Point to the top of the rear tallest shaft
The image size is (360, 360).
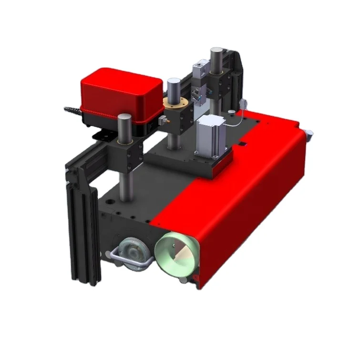216,51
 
